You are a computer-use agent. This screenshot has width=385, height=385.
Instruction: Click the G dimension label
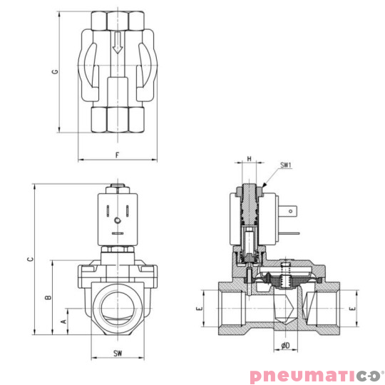(55, 73)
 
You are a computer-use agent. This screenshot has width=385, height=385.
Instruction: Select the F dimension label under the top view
(116, 155)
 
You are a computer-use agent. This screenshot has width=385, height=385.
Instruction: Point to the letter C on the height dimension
(29, 260)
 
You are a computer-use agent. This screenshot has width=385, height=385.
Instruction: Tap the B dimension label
(48, 297)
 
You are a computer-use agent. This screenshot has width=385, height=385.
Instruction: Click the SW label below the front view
(117, 354)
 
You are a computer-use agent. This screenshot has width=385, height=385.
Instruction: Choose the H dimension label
(249, 159)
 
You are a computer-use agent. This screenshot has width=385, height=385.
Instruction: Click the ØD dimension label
(285, 346)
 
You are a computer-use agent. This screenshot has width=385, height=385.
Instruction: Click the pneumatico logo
(316, 375)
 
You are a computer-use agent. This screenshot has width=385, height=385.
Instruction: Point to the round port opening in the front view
(117, 305)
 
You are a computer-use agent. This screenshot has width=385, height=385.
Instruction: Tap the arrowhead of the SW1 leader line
(264, 187)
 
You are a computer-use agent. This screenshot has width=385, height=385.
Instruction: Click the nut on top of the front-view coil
(117, 190)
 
